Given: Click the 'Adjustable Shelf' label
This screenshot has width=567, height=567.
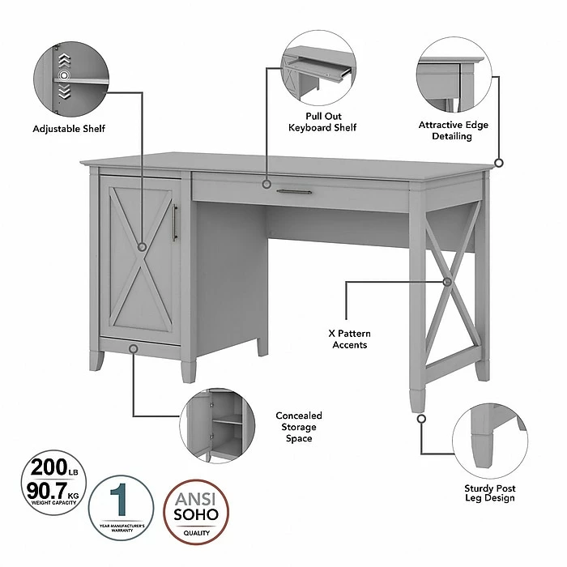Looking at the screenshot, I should tap(69, 128).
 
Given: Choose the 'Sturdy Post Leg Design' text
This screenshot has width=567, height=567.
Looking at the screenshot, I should tap(490, 492).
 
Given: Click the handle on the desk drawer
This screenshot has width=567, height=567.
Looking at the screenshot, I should tap(293, 192).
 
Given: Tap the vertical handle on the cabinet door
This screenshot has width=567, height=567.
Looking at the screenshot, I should tap(174, 223).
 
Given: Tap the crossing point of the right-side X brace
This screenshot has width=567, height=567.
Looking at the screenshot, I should tap(448, 282).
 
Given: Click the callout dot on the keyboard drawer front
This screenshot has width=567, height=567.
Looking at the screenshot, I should tap(266, 184).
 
